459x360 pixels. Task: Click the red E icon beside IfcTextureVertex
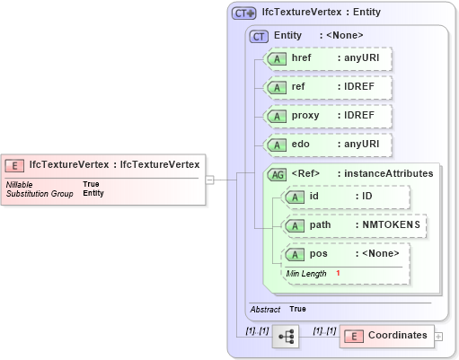(x=15, y=164)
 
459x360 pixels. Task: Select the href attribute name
(x=302, y=57)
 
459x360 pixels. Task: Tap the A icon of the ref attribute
(x=278, y=87)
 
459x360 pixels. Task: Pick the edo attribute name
(x=301, y=145)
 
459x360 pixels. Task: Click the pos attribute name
(x=319, y=254)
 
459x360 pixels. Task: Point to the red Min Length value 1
(x=339, y=272)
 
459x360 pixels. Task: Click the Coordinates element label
(x=397, y=335)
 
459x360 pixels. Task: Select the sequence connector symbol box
(x=287, y=336)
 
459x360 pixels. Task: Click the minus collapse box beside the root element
(x=209, y=179)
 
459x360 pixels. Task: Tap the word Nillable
(x=21, y=184)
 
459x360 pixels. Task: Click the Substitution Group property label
(x=40, y=193)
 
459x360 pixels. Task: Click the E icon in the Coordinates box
(x=354, y=336)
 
